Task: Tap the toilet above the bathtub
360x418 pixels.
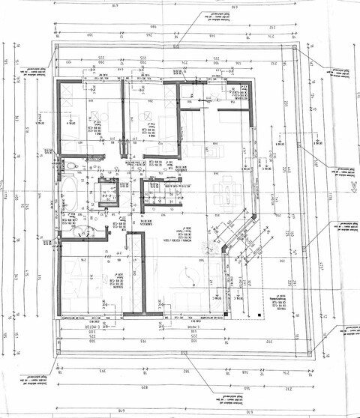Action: (x=71, y=166)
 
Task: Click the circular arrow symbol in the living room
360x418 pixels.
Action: (x=193, y=273)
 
